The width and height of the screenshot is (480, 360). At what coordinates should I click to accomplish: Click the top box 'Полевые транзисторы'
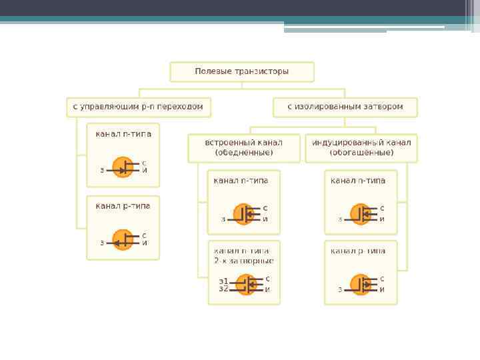click(242, 71)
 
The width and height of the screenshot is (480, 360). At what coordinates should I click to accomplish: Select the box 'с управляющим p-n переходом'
click(139, 107)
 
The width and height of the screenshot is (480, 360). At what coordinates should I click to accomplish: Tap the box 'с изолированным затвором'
click(345, 107)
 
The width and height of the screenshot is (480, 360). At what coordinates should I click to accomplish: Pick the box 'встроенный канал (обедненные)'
click(244, 148)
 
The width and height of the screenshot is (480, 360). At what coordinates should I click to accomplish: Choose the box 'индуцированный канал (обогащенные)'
click(361, 148)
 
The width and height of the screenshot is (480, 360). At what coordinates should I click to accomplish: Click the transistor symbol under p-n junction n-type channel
click(123, 169)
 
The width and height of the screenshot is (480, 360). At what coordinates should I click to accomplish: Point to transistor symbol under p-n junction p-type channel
click(123, 241)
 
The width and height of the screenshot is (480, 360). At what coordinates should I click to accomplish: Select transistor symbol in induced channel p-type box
click(361, 285)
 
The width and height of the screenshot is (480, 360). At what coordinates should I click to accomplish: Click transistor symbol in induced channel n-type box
click(361, 214)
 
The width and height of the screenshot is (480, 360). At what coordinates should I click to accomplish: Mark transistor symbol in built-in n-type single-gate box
click(244, 214)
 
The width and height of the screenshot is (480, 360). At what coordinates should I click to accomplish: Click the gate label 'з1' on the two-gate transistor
click(223, 281)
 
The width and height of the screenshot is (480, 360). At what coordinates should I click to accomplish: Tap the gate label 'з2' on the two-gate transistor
click(223, 289)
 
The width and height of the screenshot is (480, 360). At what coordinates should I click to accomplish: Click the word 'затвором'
click(385, 107)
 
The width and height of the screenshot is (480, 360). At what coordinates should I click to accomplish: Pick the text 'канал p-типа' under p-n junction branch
click(123, 206)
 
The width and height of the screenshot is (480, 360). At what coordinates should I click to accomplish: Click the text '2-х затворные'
click(244, 261)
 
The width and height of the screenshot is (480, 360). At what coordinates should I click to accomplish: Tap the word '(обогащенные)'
click(361, 153)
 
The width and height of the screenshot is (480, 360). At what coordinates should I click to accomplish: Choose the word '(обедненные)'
click(244, 153)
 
